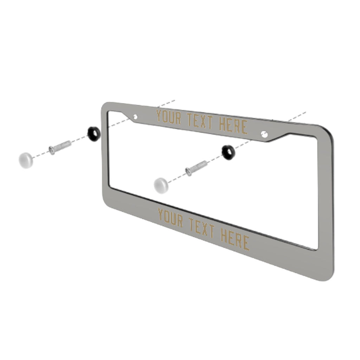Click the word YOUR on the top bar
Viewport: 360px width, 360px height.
tap(168, 117)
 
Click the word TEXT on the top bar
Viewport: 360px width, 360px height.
tap(200, 121)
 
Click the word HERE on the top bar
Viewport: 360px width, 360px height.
tap(233, 126)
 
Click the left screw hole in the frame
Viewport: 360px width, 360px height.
tap(135, 117)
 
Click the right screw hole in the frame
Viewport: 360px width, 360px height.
tap(264, 134)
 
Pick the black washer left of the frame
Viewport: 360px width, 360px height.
tap(94, 134)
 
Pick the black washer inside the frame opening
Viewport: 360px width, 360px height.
tap(228, 152)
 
